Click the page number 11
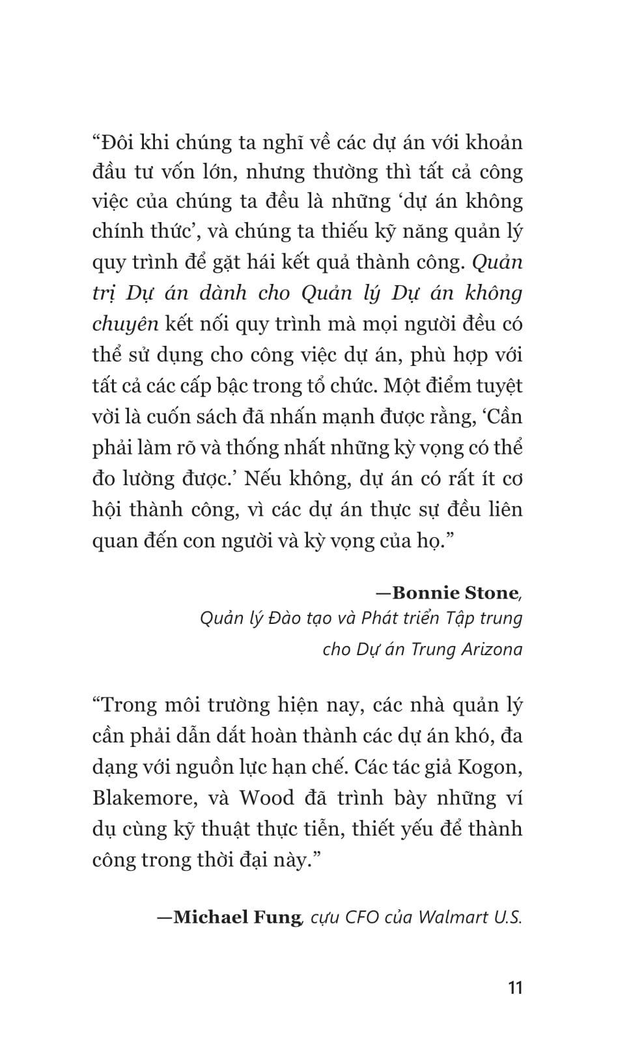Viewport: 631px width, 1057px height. coord(515,987)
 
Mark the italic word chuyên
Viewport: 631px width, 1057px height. coord(125,324)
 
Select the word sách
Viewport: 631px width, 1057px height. coord(260,417)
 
